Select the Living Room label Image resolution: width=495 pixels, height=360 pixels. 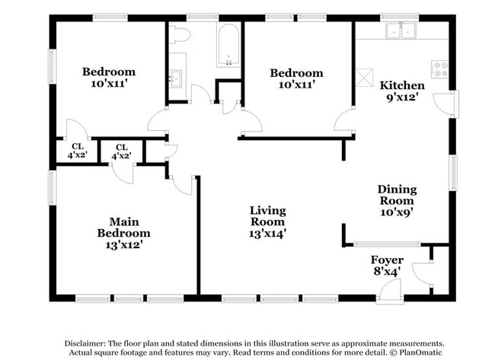(x=268, y=215)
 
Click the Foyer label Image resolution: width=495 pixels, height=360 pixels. (x=387, y=260)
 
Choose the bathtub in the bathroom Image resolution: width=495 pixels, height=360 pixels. (x=228, y=46)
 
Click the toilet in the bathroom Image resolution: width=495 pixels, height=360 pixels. (x=180, y=35)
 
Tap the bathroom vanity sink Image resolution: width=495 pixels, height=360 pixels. (x=176, y=76)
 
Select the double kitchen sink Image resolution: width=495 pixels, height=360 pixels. (x=401, y=31)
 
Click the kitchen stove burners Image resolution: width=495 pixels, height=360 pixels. (x=440, y=68)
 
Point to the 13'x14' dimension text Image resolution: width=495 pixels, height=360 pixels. (x=268, y=234)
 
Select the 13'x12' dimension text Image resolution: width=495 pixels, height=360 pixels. (x=123, y=245)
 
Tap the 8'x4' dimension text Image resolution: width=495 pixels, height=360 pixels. (x=387, y=271)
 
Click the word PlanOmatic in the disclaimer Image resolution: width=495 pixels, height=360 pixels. (x=418, y=352)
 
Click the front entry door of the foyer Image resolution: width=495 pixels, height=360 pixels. (x=390, y=289)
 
